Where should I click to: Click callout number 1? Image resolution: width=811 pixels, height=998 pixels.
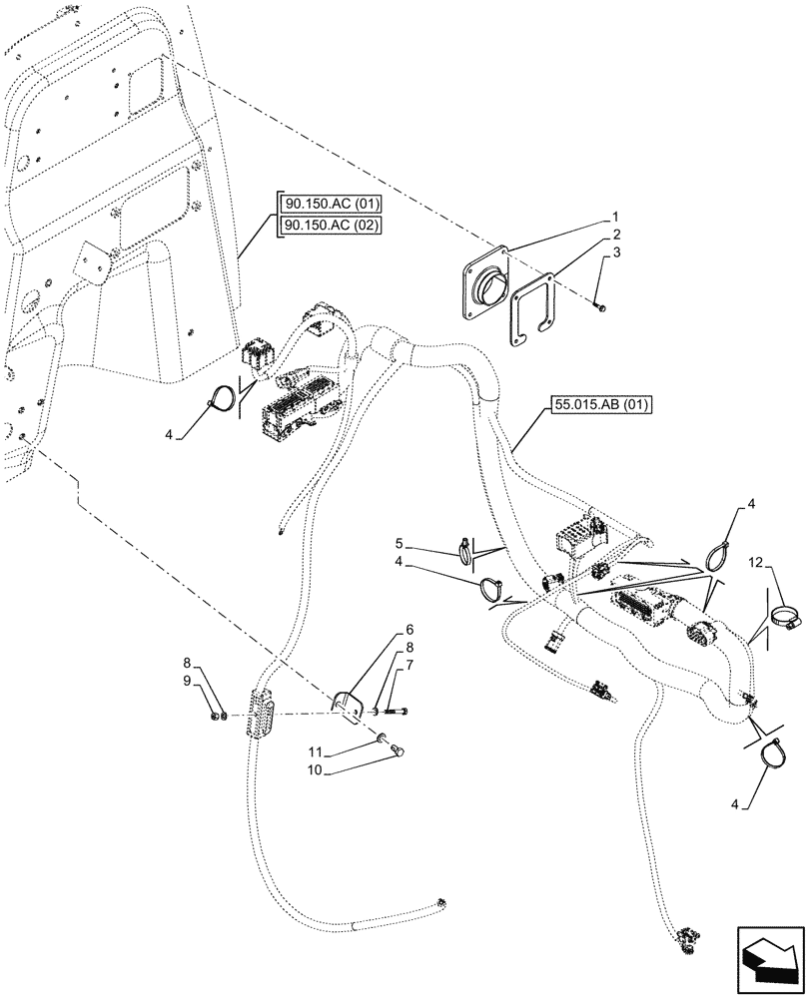click(x=616, y=217)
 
